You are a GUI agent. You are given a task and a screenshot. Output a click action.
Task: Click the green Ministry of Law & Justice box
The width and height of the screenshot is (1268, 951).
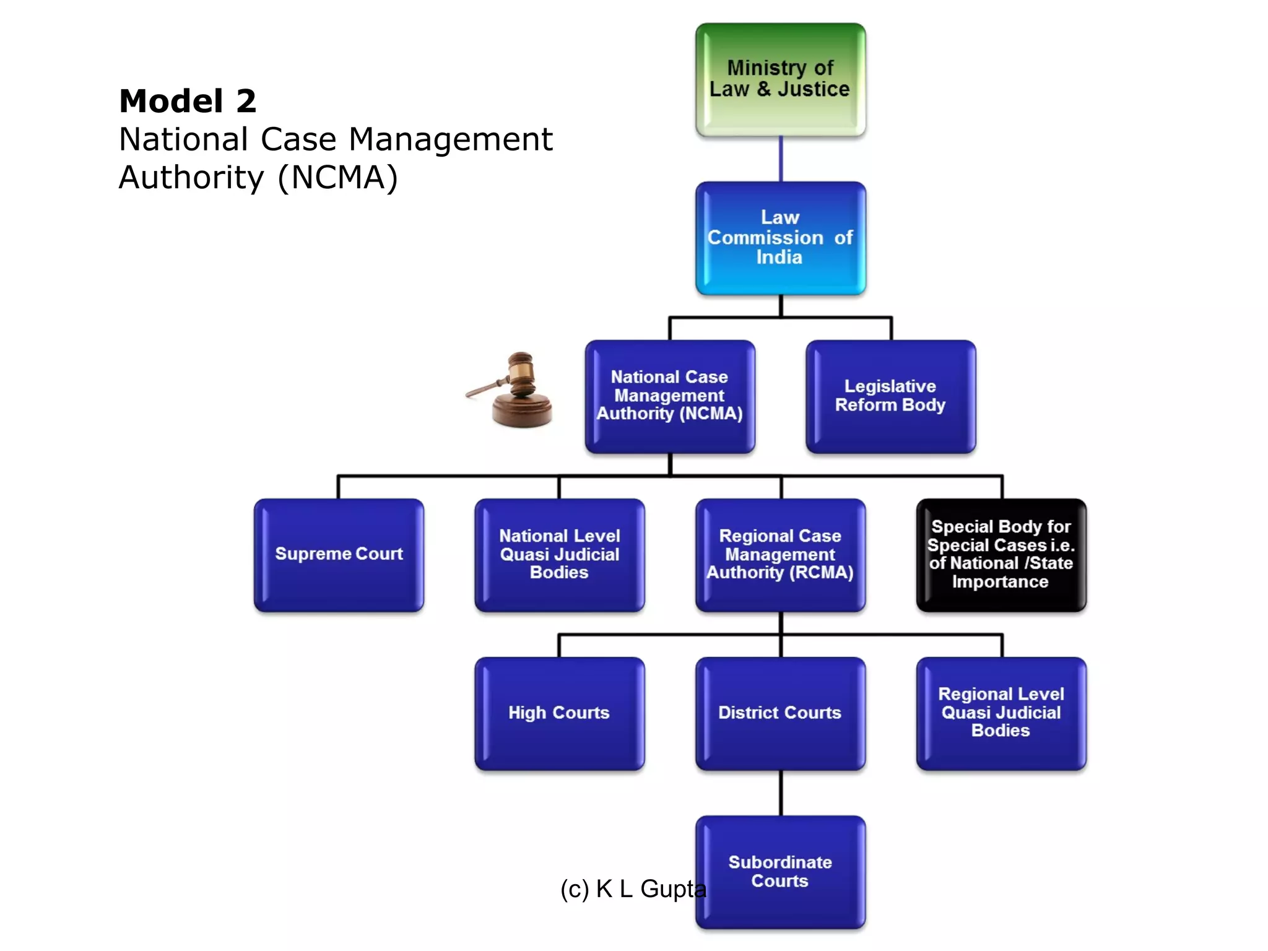pos(780,79)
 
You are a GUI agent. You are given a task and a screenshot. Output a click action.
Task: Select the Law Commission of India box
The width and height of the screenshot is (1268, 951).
pos(780,238)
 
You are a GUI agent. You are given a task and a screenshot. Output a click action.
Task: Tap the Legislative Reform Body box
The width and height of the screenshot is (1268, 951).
pos(890,396)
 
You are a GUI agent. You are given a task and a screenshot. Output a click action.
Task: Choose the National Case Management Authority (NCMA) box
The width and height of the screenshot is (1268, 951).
pos(670,396)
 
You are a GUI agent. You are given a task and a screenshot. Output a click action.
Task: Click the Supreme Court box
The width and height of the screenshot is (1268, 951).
pos(339,555)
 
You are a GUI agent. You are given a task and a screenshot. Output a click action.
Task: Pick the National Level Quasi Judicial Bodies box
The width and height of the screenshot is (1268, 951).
pos(559,555)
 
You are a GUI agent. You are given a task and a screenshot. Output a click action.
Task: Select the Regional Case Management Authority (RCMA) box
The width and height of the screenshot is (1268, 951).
pos(780,555)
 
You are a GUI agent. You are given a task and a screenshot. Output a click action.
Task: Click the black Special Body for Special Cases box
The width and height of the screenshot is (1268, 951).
pos(1001,555)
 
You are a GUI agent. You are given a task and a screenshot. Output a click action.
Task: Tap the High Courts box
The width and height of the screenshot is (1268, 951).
pos(559,713)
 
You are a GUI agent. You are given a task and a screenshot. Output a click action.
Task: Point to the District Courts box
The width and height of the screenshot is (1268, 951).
pos(780,713)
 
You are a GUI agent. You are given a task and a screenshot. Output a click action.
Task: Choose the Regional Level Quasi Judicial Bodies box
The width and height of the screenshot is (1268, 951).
pos(1001,713)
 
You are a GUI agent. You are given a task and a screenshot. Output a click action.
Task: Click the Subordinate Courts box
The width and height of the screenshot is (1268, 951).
pos(780,872)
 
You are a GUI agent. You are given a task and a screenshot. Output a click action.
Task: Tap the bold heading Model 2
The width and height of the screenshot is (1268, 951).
pos(188,102)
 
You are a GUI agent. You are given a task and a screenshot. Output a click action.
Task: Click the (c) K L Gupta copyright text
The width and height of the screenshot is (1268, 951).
pos(633,889)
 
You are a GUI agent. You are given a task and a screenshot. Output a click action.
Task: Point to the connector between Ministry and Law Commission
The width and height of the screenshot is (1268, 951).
pos(781,159)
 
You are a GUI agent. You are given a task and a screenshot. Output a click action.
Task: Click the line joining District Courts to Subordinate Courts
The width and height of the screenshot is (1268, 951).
pos(781,793)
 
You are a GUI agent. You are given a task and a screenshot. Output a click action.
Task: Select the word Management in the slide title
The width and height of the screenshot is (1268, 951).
pos(451,140)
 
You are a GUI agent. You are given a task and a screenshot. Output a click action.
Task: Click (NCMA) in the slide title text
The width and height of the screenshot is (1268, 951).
pos(337,178)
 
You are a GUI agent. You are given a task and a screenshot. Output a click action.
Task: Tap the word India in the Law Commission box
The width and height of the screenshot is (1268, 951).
pos(779,258)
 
